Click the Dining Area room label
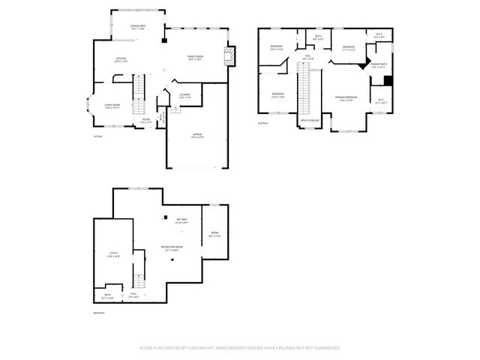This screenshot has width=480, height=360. click(x=137, y=27)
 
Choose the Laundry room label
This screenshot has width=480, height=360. click(x=184, y=96)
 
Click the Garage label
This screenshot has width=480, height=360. click(x=196, y=136)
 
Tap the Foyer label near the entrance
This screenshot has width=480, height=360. click(x=145, y=120)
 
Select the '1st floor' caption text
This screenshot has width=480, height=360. click(x=97, y=136)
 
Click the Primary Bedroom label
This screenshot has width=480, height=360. click(x=346, y=98)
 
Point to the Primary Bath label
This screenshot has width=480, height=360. click(x=379, y=65)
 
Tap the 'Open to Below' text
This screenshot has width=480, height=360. click(x=310, y=120)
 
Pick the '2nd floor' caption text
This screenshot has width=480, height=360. click(x=262, y=123)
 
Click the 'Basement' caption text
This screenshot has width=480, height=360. click(x=98, y=313)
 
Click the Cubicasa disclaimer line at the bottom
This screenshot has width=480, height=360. click(x=240, y=348)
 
